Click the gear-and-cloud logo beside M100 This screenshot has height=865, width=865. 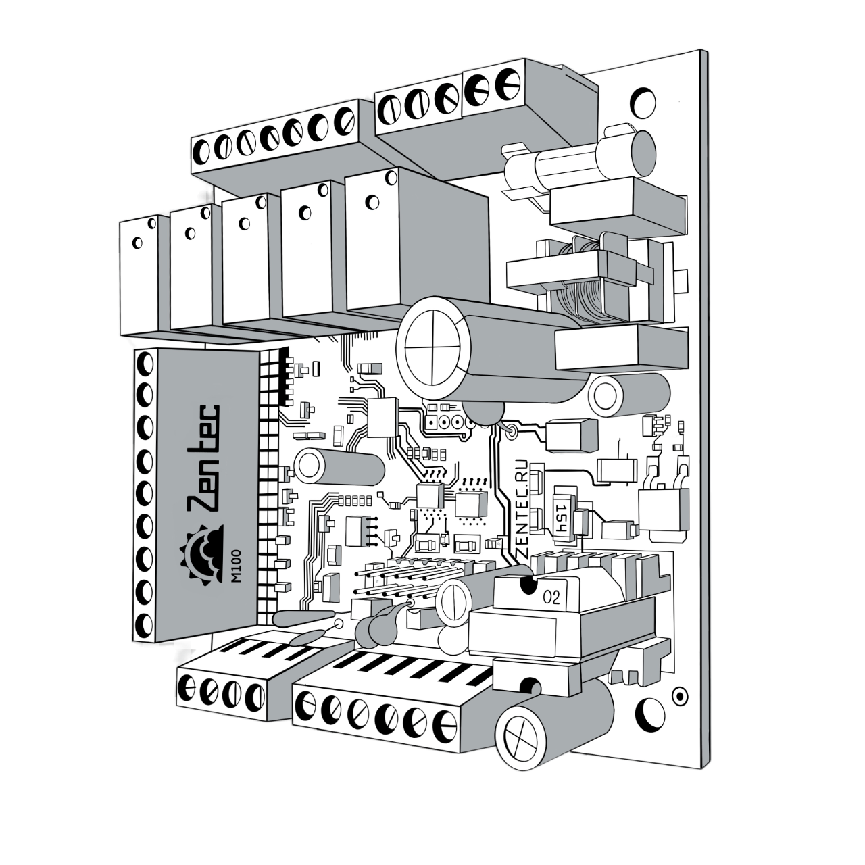201,555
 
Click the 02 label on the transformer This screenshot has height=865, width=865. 551,597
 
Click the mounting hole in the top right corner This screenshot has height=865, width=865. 643,102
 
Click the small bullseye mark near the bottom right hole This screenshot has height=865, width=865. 680,696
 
